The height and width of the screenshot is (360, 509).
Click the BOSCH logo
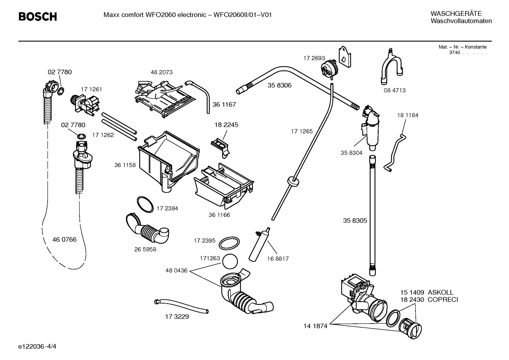37,17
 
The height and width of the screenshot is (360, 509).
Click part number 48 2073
162,72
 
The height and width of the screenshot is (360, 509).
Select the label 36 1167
224,105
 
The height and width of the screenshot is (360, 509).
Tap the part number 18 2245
226,125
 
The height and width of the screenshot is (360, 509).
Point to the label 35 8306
280,85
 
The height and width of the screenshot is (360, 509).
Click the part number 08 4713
395,90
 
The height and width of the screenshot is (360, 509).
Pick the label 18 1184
408,115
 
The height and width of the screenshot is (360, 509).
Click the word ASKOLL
441,292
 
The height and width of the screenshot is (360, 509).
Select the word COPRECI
443,300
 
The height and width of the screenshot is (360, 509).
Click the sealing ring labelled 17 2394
145,204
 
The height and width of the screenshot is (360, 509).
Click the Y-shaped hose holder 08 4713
391,68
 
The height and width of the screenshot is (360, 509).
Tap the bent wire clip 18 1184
397,152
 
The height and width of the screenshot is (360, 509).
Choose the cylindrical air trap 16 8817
258,244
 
